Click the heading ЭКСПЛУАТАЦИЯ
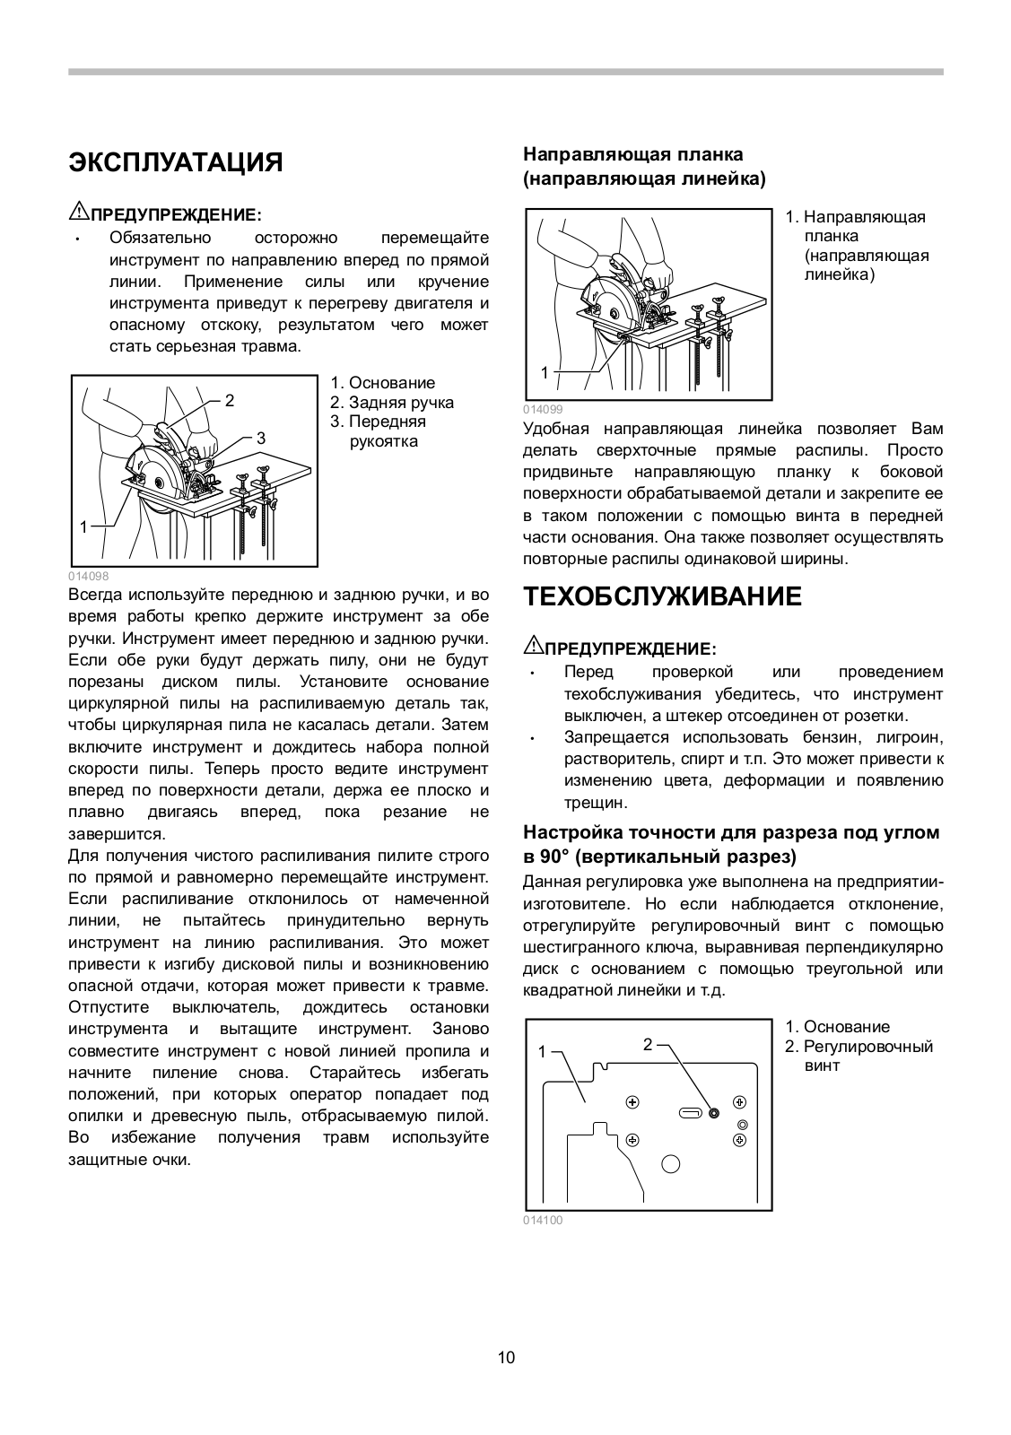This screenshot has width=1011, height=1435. pos(175,162)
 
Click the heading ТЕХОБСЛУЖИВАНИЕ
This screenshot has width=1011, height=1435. pos(662,596)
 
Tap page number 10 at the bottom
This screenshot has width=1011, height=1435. pos(506,1357)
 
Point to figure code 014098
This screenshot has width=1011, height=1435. pos(88,577)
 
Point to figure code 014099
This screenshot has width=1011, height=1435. pos(543,408)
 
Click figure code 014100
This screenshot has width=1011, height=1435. pos(543,1220)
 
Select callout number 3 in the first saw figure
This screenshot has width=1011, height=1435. pos(261,439)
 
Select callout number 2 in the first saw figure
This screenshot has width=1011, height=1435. pos(230,401)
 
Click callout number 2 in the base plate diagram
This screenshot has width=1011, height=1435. pos(648,1044)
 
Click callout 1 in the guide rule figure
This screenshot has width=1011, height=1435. pos(544,372)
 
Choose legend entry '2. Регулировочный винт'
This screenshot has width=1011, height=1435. pos(858,1057)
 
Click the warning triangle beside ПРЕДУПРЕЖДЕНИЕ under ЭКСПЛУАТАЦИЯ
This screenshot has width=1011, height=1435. pos(76,213)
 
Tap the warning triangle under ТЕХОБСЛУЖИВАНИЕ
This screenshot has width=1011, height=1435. pos(532,647)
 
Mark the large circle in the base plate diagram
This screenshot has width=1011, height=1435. pos(670,1164)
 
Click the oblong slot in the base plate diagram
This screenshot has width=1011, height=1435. pos(691,1113)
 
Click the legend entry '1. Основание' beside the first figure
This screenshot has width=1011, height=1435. pos(382,383)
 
